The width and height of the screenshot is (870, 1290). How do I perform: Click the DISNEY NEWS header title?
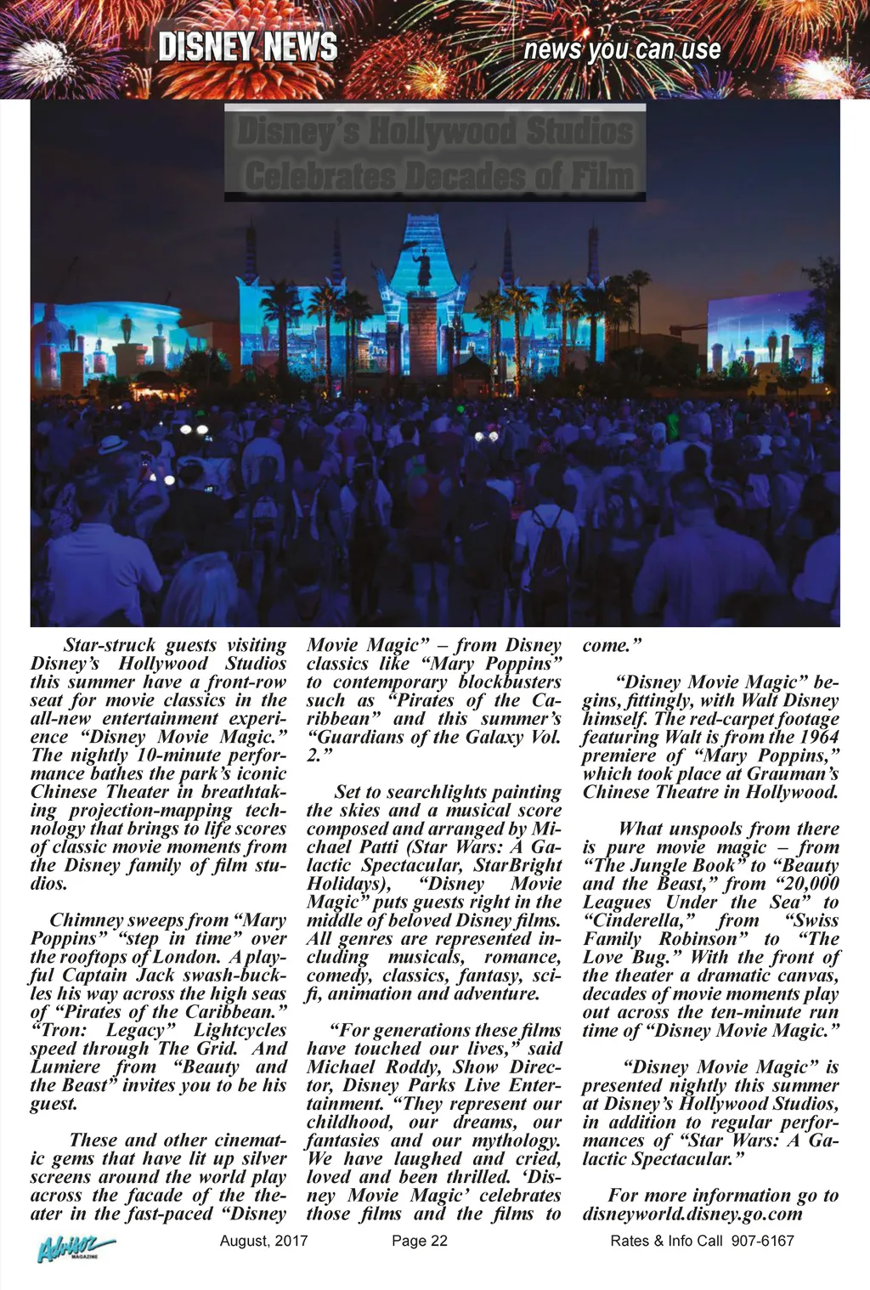pyautogui.click(x=247, y=48)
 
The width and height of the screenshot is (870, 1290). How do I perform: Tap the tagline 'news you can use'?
pyautogui.click(x=622, y=49)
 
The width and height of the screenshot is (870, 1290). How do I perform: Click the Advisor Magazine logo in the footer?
pyautogui.click(x=74, y=1248)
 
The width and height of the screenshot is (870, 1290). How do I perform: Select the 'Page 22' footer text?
pyautogui.click(x=419, y=1241)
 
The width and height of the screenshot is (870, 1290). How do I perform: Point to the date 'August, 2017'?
pyautogui.click(x=263, y=1241)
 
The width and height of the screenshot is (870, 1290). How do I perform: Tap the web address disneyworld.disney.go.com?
pyautogui.click(x=692, y=1214)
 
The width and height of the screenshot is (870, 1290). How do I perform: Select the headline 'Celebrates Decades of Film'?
pyautogui.click(x=438, y=177)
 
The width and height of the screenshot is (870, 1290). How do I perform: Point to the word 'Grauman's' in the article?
pyautogui.click(x=792, y=773)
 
